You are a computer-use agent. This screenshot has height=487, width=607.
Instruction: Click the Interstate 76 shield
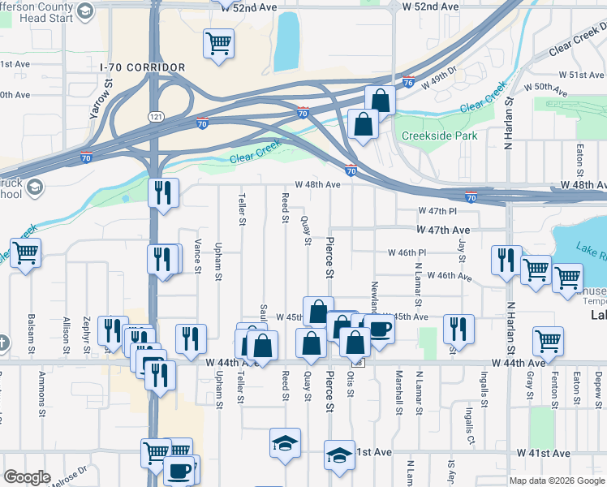pyautogui.click(x=408, y=82)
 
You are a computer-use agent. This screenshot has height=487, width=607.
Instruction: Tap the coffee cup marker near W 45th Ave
pyautogui.click(x=378, y=328)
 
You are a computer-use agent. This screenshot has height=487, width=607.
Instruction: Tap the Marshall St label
pyautogui.click(x=398, y=393)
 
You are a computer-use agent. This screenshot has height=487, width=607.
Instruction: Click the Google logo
pyautogui.click(x=27, y=476)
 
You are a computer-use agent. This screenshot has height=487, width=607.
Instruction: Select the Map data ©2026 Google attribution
pyautogui.click(x=556, y=481)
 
